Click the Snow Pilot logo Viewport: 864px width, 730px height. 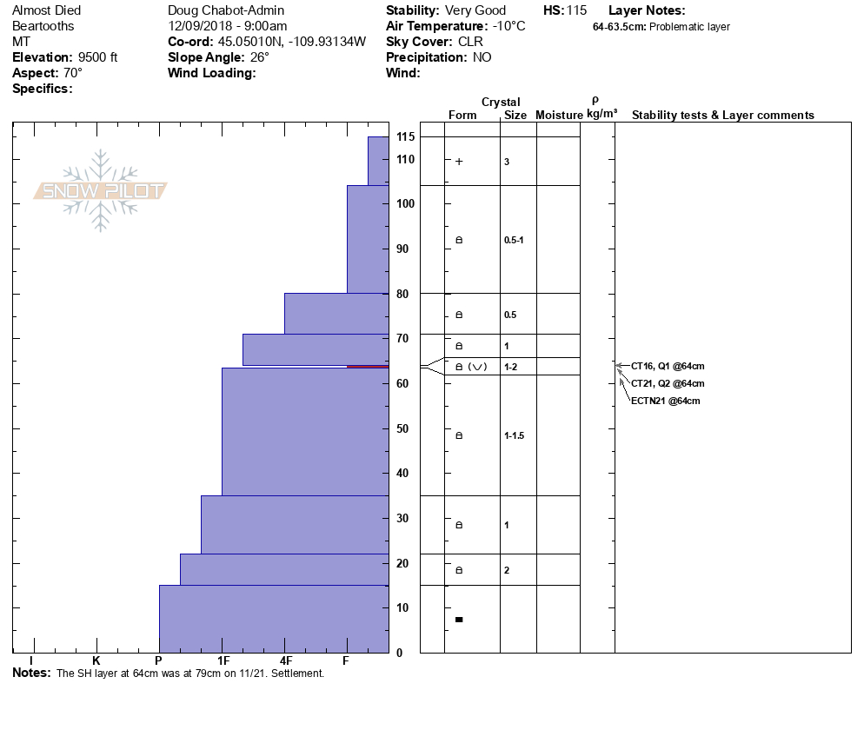click(x=101, y=191)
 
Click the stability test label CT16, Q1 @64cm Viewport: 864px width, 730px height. click(x=668, y=366)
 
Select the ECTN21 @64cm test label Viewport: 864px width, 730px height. click(x=666, y=401)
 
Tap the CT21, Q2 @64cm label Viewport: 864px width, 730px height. click(x=668, y=383)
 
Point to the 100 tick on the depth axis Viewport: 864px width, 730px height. click(x=405, y=203)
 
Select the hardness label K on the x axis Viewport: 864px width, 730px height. click(x=96, y=661)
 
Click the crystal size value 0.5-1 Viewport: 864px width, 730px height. click(x=514, y=240)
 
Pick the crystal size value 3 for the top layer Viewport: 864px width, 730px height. click(x=507, y=162)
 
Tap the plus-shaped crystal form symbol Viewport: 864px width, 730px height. click(x=459, y=162)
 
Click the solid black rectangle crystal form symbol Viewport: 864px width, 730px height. click(x=459, y=620)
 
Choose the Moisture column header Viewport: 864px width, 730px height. click(x=559, y=116)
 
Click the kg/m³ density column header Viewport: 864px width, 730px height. click(x=601, y=114)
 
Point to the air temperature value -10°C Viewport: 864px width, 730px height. click(x=508, y=26)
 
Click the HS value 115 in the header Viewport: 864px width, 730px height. click(x=576, y=10)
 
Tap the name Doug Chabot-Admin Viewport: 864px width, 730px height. click(x=226, y=10)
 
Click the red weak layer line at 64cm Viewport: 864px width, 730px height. click(x=368, y=368)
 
